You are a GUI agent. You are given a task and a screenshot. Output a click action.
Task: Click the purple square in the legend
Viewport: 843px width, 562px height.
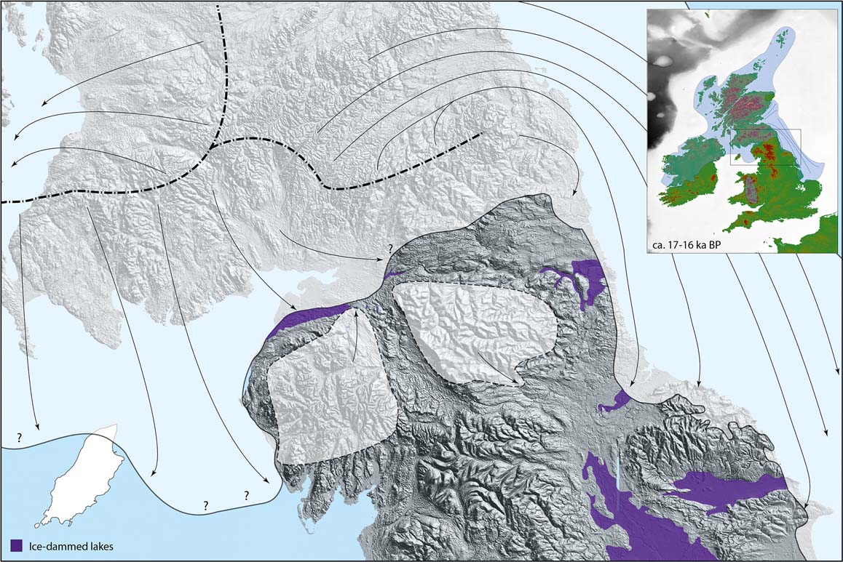click(17, 545)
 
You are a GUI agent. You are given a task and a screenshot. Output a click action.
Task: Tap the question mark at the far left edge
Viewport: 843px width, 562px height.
click(18, 438)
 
